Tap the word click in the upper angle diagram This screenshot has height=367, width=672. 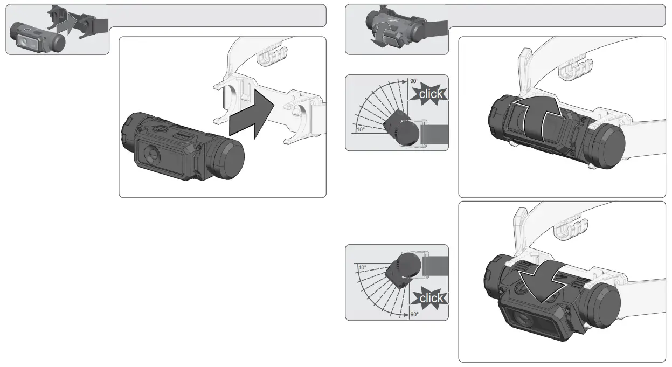431,94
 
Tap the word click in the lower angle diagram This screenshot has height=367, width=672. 431,298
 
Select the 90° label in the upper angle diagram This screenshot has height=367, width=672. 414,81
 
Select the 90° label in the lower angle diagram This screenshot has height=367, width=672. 414,314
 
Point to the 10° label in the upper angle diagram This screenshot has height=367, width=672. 361,130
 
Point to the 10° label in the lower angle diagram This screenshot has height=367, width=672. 362,267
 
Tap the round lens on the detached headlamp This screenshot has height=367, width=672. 152,154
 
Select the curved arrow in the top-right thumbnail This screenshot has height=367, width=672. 382,33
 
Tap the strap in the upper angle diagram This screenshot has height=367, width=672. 434,134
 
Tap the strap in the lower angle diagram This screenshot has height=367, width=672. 435,266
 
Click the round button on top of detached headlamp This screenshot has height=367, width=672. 160,129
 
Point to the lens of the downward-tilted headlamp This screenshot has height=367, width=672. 523,320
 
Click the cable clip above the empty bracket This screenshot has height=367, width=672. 272,56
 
